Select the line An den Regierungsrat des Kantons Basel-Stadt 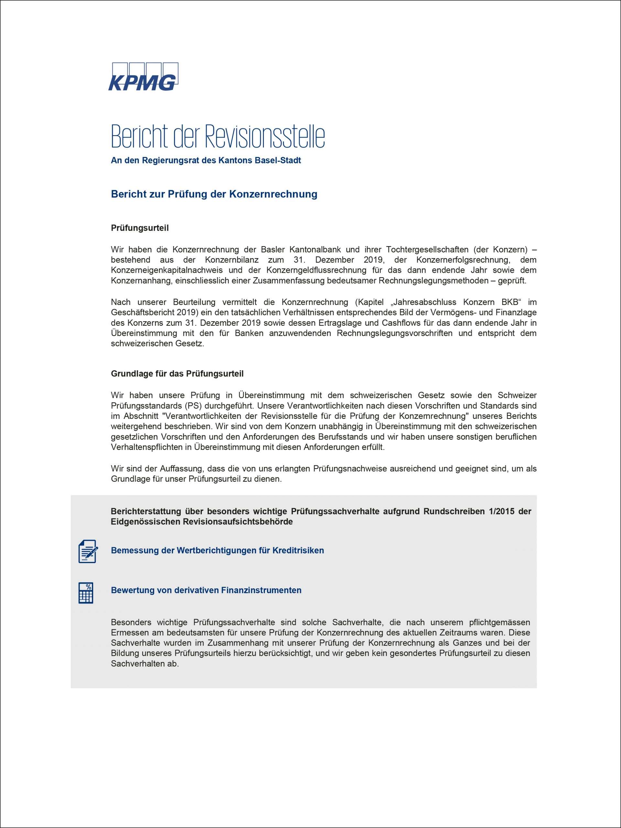(x=206, y=160)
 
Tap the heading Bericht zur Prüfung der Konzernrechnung (x=214, y=194)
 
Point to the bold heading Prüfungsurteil (x=140, y=228)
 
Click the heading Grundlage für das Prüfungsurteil (x=177, y=374)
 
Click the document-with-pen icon (x=88, y=551)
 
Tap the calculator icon (x=86, y=593)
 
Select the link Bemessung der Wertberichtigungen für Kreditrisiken (x=217, y=550)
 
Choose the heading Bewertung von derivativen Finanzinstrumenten (x=206, y=590)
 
